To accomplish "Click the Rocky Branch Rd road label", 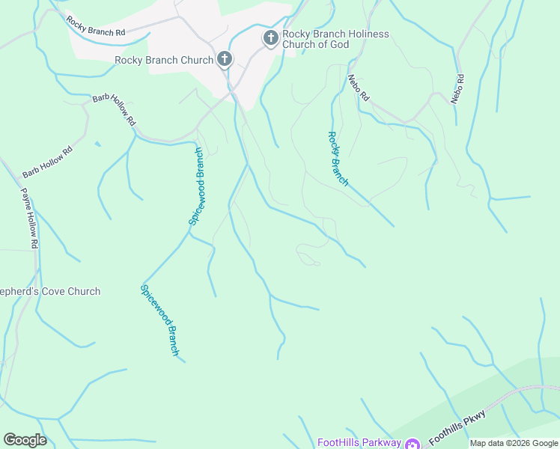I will (95, 27).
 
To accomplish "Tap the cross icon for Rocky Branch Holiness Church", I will (270, 37).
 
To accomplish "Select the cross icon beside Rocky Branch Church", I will (224, 60).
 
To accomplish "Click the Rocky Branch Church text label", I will (164, 60).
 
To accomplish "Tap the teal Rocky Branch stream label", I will (338, 159).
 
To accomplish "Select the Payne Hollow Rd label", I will (28, 216).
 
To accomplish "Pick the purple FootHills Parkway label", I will (359, 442).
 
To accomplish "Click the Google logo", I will (25, 439).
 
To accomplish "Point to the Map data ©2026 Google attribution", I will (514, 443).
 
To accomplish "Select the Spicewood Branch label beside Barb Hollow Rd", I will (197, 186).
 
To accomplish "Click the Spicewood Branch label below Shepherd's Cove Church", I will (160, 320).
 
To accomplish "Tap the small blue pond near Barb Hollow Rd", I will (97, 144).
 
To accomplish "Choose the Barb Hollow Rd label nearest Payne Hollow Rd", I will (47, 162).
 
